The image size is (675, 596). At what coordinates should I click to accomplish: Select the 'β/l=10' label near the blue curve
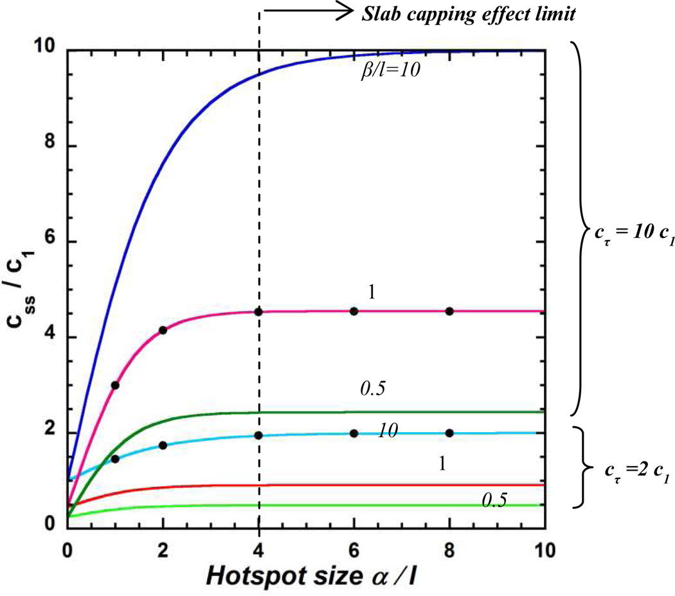tap(390, 70)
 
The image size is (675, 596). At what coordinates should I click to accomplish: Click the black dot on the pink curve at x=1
tap(115, 385)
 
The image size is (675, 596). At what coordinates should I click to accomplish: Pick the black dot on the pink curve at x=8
tap(449, 311)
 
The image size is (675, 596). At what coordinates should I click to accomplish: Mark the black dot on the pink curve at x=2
tap(163, 330)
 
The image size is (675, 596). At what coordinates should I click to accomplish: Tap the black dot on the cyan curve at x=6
tap(354, 433)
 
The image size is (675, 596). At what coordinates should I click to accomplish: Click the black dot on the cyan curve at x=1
tap(115, 458)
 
